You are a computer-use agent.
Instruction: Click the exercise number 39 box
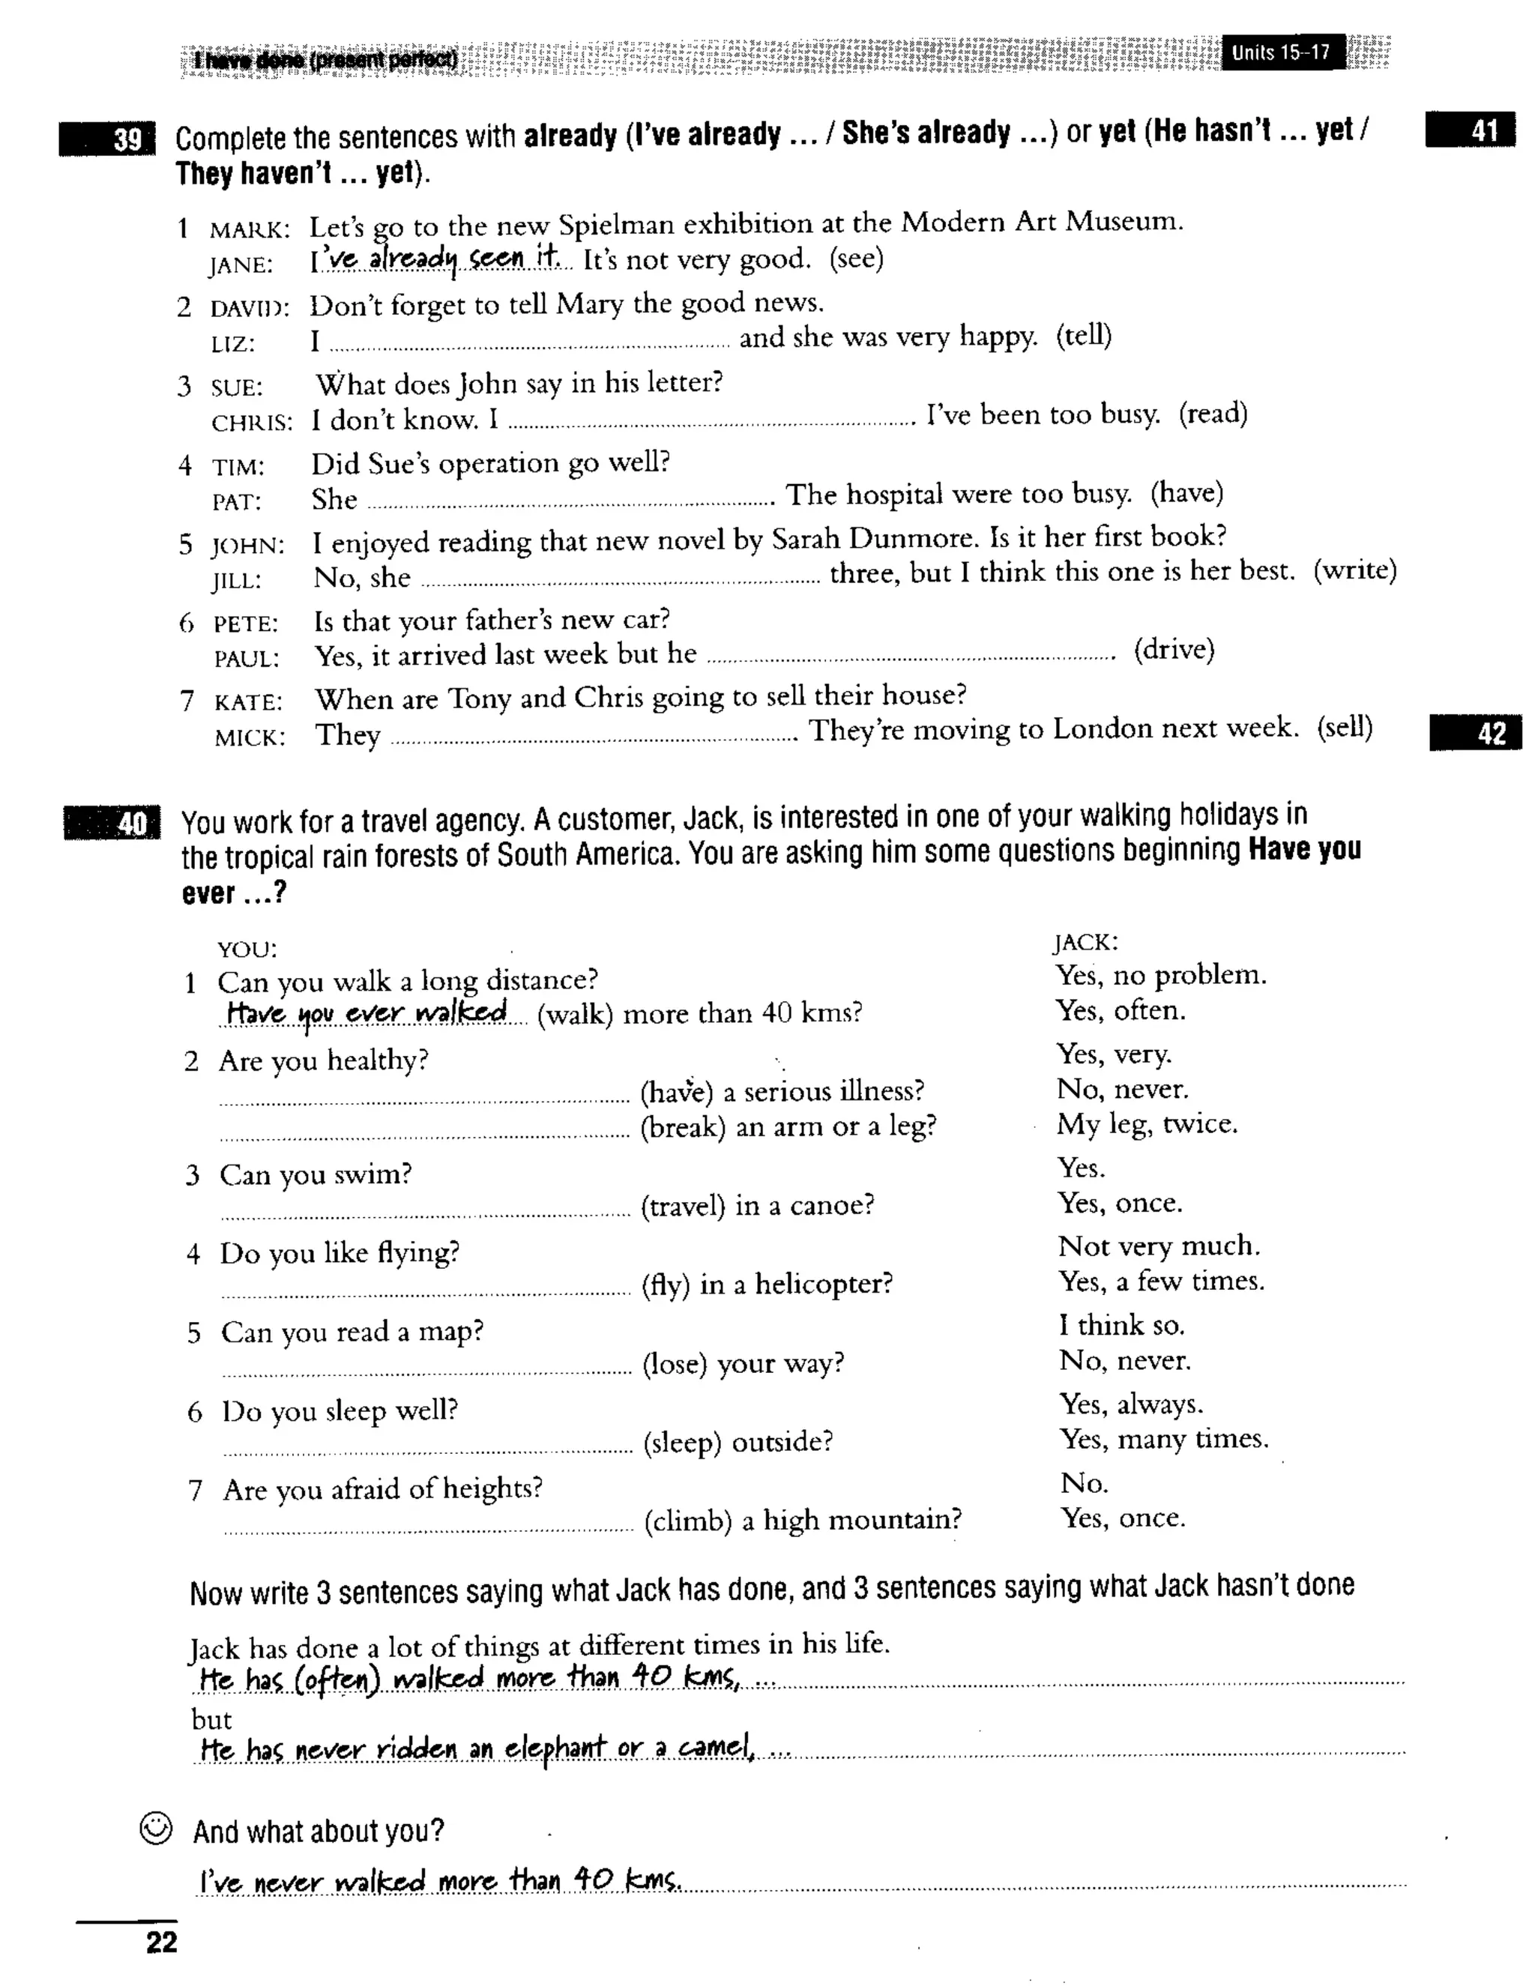(108, 139)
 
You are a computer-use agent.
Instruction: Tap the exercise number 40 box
(112, 823)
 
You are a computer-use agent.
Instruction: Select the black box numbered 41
(1470, 131)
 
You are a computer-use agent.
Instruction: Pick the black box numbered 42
(1475, 733)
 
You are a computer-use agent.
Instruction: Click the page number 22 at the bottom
(161, 1943)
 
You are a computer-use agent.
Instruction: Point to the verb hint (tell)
(1084, 336)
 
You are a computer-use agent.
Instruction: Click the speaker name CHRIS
(252, 423)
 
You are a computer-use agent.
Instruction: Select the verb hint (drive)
(1174, 651)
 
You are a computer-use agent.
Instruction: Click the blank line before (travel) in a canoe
(425, 1210)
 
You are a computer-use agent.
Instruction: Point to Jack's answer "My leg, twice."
(1147, 1124)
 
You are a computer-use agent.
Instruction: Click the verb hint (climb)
(687, 1521)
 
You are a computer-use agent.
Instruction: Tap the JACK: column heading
(1085, 943)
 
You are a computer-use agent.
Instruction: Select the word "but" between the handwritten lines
(211, 1719)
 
